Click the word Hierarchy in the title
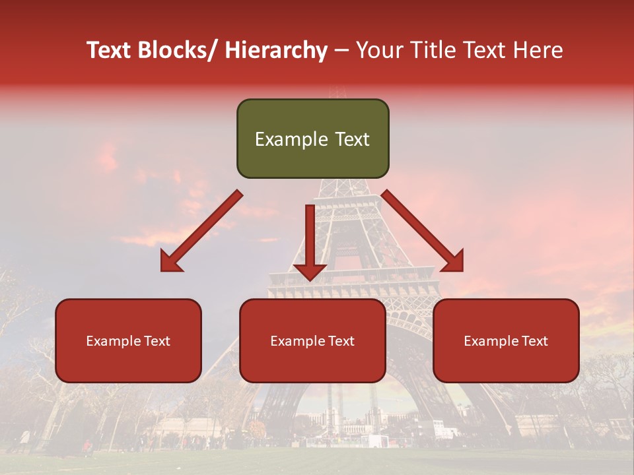(276, 50)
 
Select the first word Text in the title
(109, 50)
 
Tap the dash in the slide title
(341, 51)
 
